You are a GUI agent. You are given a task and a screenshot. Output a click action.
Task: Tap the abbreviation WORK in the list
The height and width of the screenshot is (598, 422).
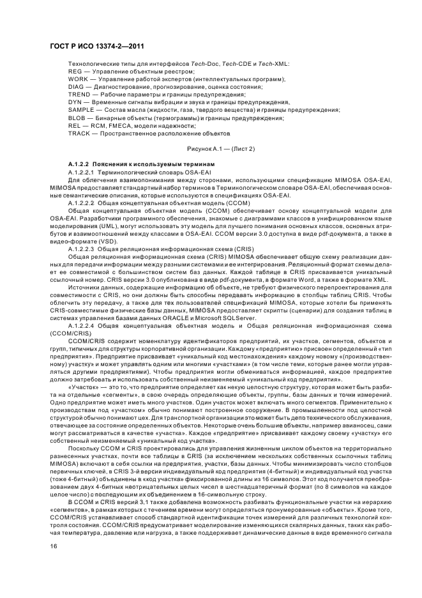77,80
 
